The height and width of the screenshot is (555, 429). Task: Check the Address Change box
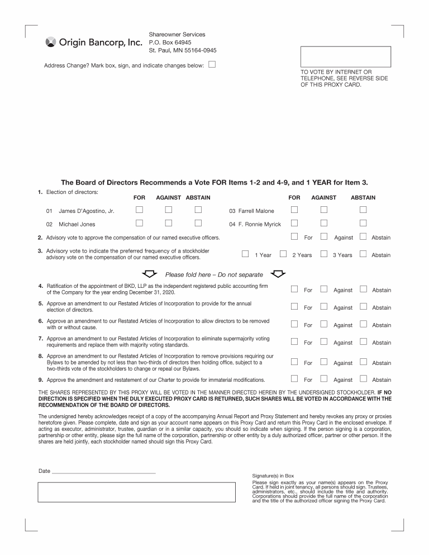(x=212, y=64)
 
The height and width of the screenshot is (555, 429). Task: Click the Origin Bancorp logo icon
(x=50, y=42)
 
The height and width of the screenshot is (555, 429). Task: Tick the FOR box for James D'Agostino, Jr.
(x=139, y=210)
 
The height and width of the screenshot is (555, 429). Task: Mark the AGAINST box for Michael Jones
(x=168, y=224)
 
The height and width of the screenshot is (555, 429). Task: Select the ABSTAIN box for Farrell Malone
(x=363, y=210)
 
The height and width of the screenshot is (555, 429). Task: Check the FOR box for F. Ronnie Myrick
(x=294, y=224)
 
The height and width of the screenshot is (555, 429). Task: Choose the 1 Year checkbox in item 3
(x=245, y=254)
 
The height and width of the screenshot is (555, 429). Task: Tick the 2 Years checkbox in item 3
(x=283, y=254)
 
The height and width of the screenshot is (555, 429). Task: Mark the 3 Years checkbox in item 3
(x=323, y=254)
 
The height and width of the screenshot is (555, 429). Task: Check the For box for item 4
(x=294, y=289)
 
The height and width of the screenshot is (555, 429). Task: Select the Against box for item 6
(x=323, y=324)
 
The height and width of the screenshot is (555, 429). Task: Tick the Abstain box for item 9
(x=363, y=379)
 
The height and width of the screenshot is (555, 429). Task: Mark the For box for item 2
(x=294, y=237)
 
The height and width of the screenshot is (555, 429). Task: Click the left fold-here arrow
(x=150, y=274)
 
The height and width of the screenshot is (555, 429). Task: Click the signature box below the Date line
(x=137, y=492)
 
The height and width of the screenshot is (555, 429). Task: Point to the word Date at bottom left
(x=44, y=471)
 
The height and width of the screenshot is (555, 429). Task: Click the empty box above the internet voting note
(x=345, y=57)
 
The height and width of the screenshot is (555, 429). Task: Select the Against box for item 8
(x=323, y=362)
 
